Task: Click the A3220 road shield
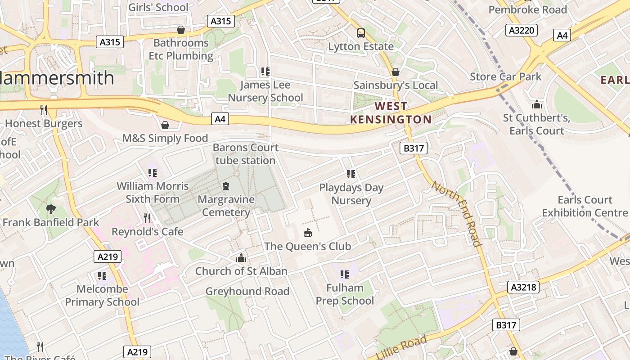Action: (522, 30)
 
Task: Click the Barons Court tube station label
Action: (245, 154)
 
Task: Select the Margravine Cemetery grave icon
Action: (226, 186)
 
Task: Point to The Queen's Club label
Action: (307, 246)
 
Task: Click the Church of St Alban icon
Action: (241, 258)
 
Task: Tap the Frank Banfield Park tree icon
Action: (51, 209)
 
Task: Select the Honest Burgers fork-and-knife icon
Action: (44, 110)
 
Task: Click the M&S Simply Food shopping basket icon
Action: (165, 125)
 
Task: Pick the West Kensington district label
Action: (391, 112)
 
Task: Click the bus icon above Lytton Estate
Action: (361, 33)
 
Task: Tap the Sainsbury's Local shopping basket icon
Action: (396, 72)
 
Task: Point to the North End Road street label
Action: (457, 213)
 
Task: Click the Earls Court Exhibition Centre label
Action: (585, 206)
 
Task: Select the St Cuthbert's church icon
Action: (536, 105)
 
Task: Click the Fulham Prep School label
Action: (345, 294)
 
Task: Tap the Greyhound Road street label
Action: (247, 291)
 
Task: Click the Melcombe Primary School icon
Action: (102, 275)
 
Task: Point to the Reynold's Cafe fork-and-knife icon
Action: (147, 218)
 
